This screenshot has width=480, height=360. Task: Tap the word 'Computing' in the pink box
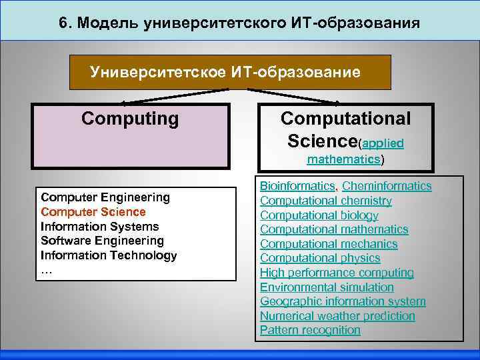click(x=130, y=119)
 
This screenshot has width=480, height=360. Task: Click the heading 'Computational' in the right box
click(x=345, y=119)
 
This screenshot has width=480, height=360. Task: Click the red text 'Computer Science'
click(x=93, y=211)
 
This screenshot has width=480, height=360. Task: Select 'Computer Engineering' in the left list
click(x=105, y=197)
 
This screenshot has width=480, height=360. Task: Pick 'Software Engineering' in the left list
click(x=102, y=241)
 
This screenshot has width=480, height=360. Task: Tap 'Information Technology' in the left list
click(x=109, y=255)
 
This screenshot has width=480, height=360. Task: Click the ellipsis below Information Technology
click(x=46, y=270)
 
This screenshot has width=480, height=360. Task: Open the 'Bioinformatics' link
click(x=297, y=186)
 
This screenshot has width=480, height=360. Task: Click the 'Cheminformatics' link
click(x=387, y=186)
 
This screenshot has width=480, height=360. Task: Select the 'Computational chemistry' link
click(x=326, y=201)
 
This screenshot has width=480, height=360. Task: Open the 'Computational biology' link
click(x=319, y=215)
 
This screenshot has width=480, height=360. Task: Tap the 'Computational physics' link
click(x=320, y=258)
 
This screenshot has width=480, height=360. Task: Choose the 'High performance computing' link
click(x=337, y=273)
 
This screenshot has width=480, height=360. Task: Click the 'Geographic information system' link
click(x=343, y=301)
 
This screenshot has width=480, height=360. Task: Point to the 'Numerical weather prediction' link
click(x=337, y=316)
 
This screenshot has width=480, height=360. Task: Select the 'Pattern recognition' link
click(x=310, y=330)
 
